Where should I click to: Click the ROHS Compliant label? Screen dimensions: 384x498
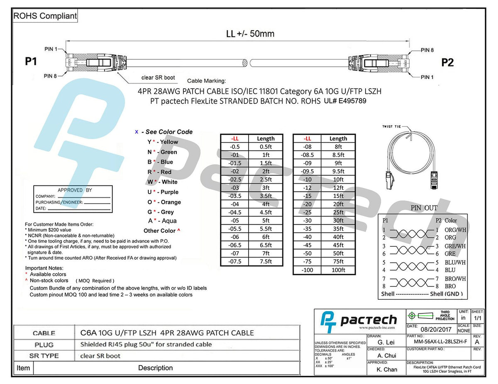[x=45, y=16]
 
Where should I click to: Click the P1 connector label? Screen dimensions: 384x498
[x=31, y=62]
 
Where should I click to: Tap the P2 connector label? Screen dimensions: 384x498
[x=447, y=63]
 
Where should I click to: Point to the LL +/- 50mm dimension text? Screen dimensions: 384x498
[x=250, y=34]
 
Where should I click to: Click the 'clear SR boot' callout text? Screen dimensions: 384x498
[x=158, y=78]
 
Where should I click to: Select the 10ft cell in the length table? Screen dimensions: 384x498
[x=338, y=179]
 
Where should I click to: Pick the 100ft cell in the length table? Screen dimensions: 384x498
[x=338, y=270]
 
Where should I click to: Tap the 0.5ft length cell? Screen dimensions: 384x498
[x=266, y=146]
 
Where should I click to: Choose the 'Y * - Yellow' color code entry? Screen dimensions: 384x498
[x=163, y=142]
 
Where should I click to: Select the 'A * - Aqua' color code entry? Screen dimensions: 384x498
[x=162, y=221]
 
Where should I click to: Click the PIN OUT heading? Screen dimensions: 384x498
[x=424, y=208]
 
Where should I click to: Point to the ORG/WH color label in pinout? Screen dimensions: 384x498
[x=455, y=230]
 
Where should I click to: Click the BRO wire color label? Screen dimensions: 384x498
[x=450, y=286]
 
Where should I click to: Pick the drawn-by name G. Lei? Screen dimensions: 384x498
[x=386, y=342]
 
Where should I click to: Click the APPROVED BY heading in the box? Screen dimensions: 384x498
[x=75, y=190]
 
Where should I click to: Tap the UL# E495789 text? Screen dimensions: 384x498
[x=345, y=100]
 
